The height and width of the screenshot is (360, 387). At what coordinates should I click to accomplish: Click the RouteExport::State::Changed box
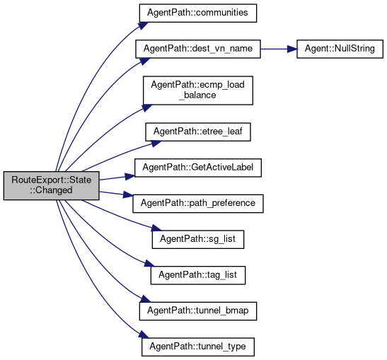click(x=52, y=185)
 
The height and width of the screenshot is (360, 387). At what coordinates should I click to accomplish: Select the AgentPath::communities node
click(x=198, y=13)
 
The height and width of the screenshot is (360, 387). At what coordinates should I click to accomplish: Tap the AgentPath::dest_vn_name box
click(x=198, y=49)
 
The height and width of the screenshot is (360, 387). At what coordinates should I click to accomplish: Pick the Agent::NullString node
click(x=340, y=49)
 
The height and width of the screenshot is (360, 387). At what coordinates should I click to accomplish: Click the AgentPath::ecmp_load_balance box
click(x=198, y=91)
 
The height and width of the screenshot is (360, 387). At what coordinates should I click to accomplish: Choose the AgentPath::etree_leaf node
click(x=198, y=132)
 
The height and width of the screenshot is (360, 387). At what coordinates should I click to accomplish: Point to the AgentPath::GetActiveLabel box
click(x=198, y=168)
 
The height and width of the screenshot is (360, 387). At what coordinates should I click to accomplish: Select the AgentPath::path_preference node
click(x=198, y=204)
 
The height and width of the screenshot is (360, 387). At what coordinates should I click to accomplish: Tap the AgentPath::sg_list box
click(x=198, y=239)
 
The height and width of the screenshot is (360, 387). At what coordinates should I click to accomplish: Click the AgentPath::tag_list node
click(x=198, y=275)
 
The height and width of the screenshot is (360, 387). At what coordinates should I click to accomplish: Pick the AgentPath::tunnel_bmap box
click(x=198, y=311)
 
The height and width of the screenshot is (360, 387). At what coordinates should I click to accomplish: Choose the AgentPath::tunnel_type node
click(x=198, y=347)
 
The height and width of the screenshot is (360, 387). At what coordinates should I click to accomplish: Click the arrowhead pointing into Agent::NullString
click(x=292, y=49)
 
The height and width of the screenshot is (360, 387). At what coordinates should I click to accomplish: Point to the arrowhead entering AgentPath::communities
click(x=144, y=25)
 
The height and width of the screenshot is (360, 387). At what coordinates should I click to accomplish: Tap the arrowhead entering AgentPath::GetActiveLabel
click(x=129, y=176)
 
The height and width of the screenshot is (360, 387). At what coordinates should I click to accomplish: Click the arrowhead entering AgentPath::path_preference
click(x=128, y=195)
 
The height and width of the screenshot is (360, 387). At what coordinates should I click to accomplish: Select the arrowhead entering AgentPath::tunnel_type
click(x=144, y=335)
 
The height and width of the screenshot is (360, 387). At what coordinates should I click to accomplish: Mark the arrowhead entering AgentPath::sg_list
click(x=156, y=228)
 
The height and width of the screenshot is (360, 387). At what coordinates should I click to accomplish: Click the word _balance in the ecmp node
click(x=197, y=95)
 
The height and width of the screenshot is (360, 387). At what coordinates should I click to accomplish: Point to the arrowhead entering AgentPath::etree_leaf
click(x=156, y=143)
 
